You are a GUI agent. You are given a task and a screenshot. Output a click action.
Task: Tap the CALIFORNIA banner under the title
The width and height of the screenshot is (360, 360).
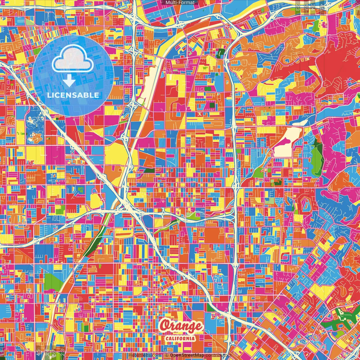coord(180,338)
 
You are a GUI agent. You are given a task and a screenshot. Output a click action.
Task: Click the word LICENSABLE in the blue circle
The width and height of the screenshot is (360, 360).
coord(73,95)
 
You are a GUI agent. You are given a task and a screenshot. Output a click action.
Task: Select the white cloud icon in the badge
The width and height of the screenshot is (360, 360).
coord(73,59)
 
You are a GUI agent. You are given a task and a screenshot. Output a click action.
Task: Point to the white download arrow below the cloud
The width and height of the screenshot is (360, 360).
coord(69,81)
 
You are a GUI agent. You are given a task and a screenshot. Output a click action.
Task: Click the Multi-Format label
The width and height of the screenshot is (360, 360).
coord(180,3)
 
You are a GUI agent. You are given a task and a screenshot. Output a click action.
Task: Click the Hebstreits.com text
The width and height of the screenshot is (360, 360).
coord(145,355)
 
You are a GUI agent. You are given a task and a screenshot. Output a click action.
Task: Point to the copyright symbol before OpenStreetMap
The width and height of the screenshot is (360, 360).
coord(167,355)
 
